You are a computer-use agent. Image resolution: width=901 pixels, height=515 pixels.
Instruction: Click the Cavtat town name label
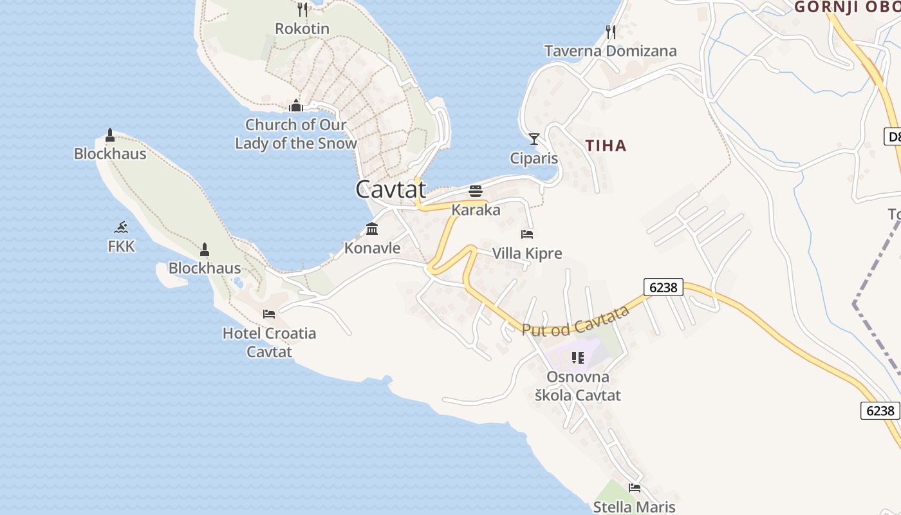pos(391,189)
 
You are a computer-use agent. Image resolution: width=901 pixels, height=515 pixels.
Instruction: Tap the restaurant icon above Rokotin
pos(302,9)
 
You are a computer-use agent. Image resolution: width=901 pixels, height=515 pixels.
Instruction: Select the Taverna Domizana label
pos(610,51)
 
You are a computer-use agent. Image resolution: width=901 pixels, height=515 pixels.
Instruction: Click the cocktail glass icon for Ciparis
pos(534,138)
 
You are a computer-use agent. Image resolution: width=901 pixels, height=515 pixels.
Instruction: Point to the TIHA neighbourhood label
pos(606,145)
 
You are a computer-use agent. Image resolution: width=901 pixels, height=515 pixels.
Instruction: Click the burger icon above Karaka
pos(476,191)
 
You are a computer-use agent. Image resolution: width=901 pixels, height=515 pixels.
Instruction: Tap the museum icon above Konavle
pos(372,229)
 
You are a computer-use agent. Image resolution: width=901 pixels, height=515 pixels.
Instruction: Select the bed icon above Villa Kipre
pos(527,234)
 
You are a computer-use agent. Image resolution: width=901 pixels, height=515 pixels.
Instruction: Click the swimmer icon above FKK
pos(121,227)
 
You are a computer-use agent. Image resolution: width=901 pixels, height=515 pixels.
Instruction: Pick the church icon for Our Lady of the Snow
pos(296,105)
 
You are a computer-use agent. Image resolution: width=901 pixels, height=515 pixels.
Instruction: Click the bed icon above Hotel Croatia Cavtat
pos(269,314)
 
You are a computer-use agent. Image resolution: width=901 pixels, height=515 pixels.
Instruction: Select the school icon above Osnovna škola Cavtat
pos(578,357)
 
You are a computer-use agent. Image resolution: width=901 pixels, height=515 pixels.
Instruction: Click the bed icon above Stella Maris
pos(635,488)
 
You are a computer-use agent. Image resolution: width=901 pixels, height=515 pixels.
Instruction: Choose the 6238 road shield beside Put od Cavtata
pos(663,287)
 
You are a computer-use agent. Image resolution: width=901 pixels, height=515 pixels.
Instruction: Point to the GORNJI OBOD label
pos(847,7)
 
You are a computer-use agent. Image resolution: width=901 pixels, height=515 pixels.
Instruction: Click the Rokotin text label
pos(302,29)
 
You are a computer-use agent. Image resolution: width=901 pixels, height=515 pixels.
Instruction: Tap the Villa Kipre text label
pos(527,254)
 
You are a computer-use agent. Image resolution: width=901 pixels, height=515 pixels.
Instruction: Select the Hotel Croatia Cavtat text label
pos(269,342)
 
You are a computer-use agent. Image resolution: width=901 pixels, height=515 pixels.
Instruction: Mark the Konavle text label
pos(372,248)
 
